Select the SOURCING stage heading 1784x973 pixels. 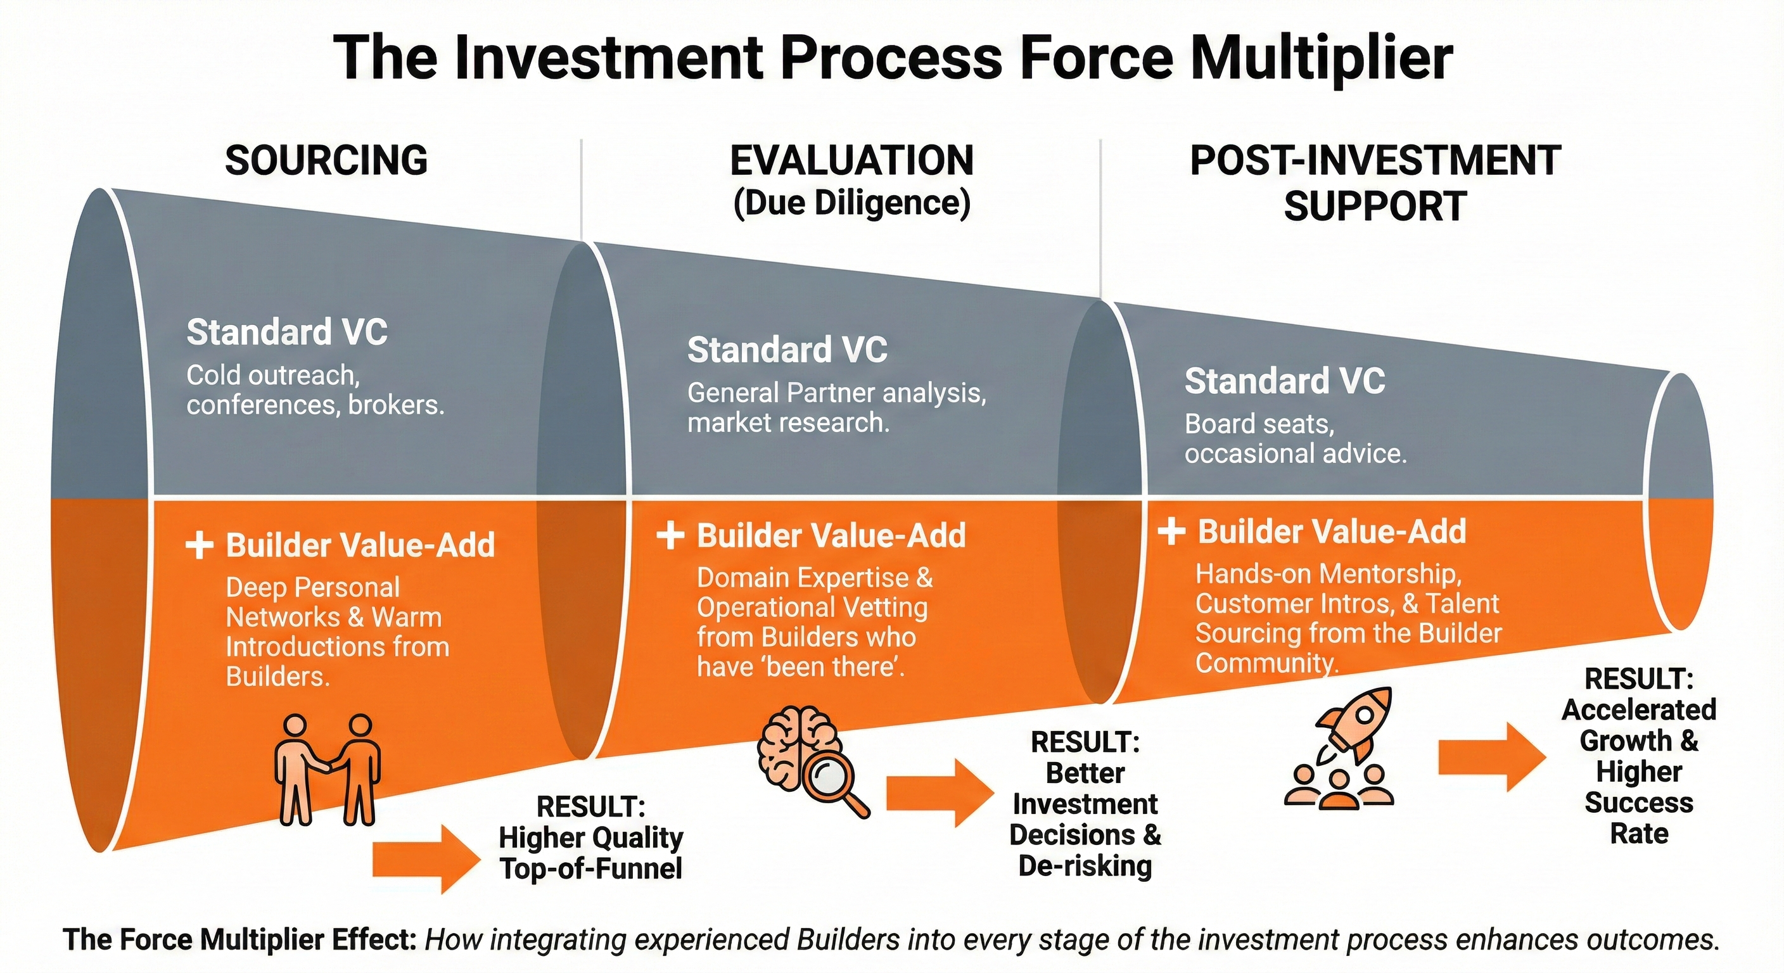point(326,160)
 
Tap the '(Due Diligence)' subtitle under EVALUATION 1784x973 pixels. point(851,203)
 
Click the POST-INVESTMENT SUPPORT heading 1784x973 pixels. point(1375,183)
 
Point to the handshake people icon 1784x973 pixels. point(328,768)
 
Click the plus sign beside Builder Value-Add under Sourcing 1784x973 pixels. point(200,545)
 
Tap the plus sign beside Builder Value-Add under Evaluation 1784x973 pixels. point(670,535)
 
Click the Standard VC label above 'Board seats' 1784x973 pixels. point(1284,381)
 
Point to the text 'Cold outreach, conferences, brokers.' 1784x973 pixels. point(315,390)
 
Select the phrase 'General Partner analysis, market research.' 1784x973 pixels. point(836,407)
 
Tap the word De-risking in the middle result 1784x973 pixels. point(1085,866)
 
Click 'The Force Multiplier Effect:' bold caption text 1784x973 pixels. point(239,940)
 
